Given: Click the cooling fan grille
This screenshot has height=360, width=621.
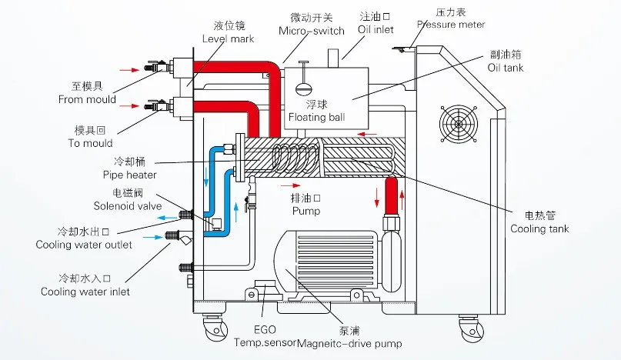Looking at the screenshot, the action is [458, 124].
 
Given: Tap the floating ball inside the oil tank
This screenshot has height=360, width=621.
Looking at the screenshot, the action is [303, 88].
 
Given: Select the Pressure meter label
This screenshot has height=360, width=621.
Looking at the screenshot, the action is [451, 25].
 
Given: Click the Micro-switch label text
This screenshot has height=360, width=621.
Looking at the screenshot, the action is [312, 31].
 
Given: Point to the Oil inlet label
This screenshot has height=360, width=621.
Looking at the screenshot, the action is [376, 29].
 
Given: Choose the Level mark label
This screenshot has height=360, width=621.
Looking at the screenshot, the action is [228, 38].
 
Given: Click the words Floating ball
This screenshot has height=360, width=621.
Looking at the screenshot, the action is [316, 117].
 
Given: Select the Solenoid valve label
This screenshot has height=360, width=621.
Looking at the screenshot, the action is [128, 206].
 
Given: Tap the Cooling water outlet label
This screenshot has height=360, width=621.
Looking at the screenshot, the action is [84, 245].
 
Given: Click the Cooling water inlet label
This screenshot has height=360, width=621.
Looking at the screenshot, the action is [85, 292].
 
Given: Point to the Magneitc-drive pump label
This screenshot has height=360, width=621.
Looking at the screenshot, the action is [349, 343].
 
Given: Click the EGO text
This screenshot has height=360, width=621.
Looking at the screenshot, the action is [265, 329].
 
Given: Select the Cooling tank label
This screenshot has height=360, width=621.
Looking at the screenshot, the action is [539, 229].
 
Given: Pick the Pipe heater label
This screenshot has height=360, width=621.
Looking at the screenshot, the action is [129, 175].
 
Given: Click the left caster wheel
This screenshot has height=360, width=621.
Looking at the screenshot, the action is [216, 329].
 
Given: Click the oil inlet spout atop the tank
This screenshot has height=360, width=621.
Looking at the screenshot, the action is [333, 58].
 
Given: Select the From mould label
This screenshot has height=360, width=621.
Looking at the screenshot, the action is [87, 99].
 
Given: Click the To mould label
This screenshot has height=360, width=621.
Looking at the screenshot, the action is [90, 143].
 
